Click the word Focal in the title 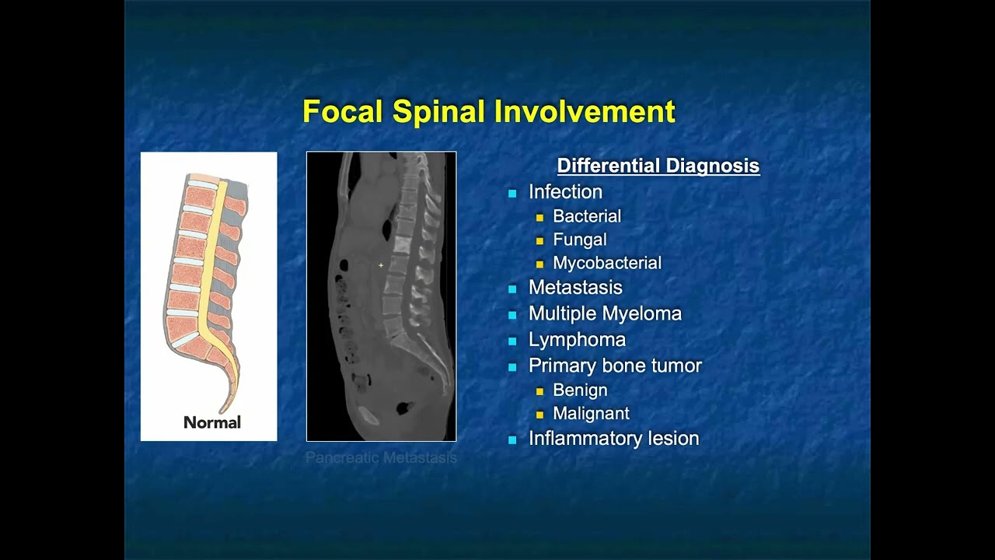(343, 111)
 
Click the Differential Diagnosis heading (658, 166)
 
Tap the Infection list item (565, 191)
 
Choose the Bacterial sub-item (587, 216)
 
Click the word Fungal (580, 240)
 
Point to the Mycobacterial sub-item (607, 263)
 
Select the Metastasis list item (575, 287)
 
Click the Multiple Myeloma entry (605, 313)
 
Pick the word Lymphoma (577, 339)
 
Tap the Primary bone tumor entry (615, 365)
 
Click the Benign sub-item (580, 390)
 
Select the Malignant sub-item (591, 413)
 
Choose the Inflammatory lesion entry (613, 438)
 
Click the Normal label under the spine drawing (211, 422)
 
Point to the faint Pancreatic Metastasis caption (381, 458)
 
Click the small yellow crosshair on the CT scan (381, 265)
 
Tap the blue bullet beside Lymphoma (512, 340)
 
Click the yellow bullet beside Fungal (539, 240)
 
